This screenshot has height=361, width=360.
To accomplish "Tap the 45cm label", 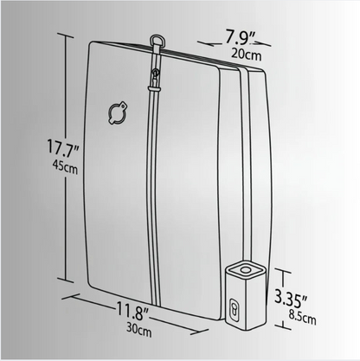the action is (65, 167).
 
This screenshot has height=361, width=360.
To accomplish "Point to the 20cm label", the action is (246, 55).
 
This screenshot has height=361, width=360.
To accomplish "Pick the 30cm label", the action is (138, 330).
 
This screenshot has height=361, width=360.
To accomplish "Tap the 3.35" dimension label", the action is (291, 299).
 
